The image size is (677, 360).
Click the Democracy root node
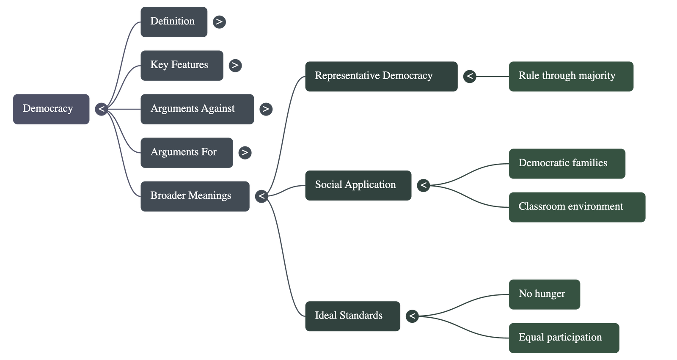[51, 109]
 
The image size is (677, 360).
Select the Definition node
[174, 22]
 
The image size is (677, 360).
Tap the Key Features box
[182, 65]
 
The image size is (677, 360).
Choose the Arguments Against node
[197, 109]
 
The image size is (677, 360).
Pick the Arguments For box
[186, 152]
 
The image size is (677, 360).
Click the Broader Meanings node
[195, 196]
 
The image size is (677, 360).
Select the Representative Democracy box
[381, 76]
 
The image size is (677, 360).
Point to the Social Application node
[358, 185]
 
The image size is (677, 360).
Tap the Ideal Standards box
[352, 316]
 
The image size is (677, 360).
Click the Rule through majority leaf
[571, 76]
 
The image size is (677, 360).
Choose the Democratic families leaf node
[567, 163]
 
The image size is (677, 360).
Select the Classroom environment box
[577, 207]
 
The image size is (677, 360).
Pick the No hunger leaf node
[544, 294]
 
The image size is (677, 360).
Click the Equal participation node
[563, 338]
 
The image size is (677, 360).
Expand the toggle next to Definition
[219, 22]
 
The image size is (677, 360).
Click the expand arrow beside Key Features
[235, 65]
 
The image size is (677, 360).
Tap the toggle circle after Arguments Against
[266, 109]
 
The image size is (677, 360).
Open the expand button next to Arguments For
[245, 152]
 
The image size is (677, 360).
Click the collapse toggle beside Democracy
[101, 109]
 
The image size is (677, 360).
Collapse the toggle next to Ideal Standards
[412, 316]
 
